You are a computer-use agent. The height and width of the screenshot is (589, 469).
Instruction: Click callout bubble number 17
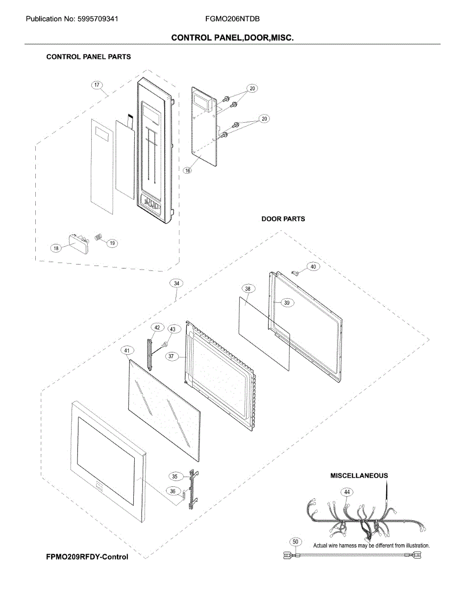point(97,85)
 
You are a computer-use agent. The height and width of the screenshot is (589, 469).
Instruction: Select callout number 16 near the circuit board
point(188,170)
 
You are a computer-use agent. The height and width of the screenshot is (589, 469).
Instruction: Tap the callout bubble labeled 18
point(56,248)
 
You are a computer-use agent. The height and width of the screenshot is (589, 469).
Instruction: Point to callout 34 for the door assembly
point(176,283)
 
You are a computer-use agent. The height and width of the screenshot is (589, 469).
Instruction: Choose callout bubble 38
point(247,289)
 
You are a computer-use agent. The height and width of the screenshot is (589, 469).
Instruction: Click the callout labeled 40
point(313,267)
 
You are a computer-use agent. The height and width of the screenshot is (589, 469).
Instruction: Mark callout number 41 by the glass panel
point(127,350)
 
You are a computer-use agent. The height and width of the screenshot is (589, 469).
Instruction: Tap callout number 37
point(171,357)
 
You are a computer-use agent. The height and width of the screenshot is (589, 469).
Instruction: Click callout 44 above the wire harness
point(346,491)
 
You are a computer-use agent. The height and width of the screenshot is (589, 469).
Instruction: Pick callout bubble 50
point(295,542)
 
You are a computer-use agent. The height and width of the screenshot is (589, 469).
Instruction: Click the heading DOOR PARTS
point(283,219)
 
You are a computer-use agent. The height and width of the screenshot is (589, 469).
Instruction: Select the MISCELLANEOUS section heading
point(359,476)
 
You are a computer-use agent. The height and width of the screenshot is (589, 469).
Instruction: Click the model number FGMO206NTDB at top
point(232,19)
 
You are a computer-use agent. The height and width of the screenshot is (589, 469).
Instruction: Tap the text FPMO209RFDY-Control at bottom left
point(87,557)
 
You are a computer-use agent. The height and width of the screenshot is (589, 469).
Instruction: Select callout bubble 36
point(173,490)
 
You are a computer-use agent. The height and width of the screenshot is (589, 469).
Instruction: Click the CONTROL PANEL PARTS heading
point(88,56)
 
